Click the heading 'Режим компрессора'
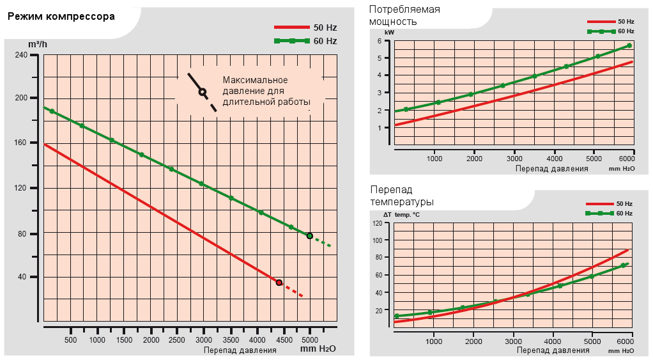click(61, 16)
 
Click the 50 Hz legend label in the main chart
click(325, 27)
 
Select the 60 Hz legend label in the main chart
click(325, 41)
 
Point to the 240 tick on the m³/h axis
click(21, 56)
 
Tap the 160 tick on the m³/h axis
click(21, 143)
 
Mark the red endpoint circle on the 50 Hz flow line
click(279, 282)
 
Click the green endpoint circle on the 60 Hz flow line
click(310, 236)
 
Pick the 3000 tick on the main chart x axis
click(204, 340)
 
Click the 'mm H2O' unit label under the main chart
click(318, 349)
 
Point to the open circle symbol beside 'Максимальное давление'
click(202, 92)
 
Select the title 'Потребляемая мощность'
click(404, 15)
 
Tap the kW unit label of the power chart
click(389, 31)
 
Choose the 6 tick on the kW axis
click(380, 41)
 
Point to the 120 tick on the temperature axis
click(377, 223)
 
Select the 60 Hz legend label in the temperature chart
click(624, 213)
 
